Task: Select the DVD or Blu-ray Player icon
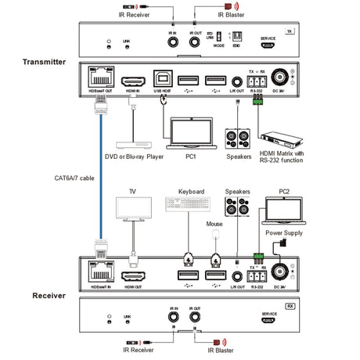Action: [x=132, y=146]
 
